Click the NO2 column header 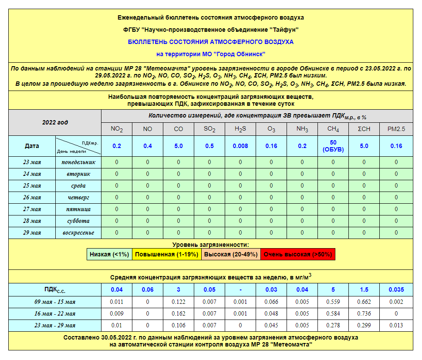click(x=117, y=129)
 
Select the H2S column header click(x=240, y=129)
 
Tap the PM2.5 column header click(x=396, y=129)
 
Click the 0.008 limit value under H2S click(x=240, y=146)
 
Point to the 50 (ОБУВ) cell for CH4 click(x=333, y=146)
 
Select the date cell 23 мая click(x=32, y=162)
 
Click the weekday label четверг click(x=78, y=198)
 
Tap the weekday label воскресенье click(x=78, y=233)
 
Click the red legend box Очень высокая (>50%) click(x=298, y=254)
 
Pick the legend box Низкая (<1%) click(x=109, y=254)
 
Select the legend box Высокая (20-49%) click(x=231, y=254)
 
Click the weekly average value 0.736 click(x=364, y=313)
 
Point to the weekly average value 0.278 click(x=333, y=325)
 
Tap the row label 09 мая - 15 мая click(x=55, y=302)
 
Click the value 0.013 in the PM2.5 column click(x=396, y=325)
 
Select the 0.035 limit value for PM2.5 click(x=396, y=289)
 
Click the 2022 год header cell click(x=55, y=122)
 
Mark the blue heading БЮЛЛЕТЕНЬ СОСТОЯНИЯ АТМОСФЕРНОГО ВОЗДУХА click(x=211, y=42)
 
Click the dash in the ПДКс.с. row click(x=240, y=289)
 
